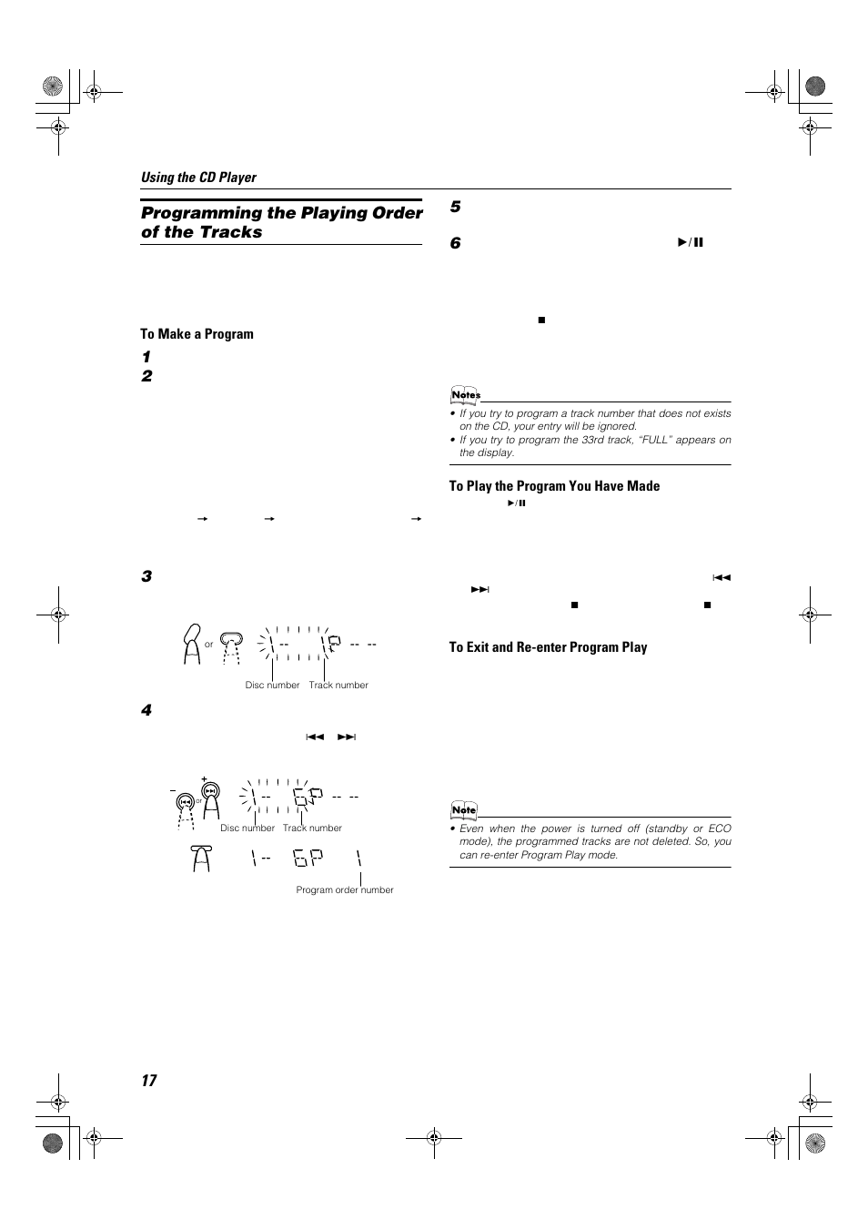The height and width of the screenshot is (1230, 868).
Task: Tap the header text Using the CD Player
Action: (198, 178)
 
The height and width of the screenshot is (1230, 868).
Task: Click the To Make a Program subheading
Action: (197, 334)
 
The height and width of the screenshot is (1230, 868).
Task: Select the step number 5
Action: (456, 208)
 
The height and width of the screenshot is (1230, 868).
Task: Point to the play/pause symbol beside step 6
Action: (691, 243)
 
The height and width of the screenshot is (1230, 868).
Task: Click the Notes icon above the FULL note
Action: (465, 395)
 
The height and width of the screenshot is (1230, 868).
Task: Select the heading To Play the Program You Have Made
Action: (554, 486)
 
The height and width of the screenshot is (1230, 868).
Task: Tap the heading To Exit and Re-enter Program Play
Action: (548, 647)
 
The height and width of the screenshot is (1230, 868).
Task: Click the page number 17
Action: (148, 1081)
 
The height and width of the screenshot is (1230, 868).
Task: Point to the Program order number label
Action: (345, 890)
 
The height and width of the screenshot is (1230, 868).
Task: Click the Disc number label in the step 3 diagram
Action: (272, 686)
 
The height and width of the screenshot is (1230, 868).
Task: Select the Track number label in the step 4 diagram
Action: (312, 828)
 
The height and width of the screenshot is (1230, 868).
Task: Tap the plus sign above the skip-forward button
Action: (205, 780)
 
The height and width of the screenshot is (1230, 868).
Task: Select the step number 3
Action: (146, 577)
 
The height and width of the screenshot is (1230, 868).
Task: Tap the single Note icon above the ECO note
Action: (464, 810)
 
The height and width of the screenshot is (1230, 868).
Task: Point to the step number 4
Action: (146, 711)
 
